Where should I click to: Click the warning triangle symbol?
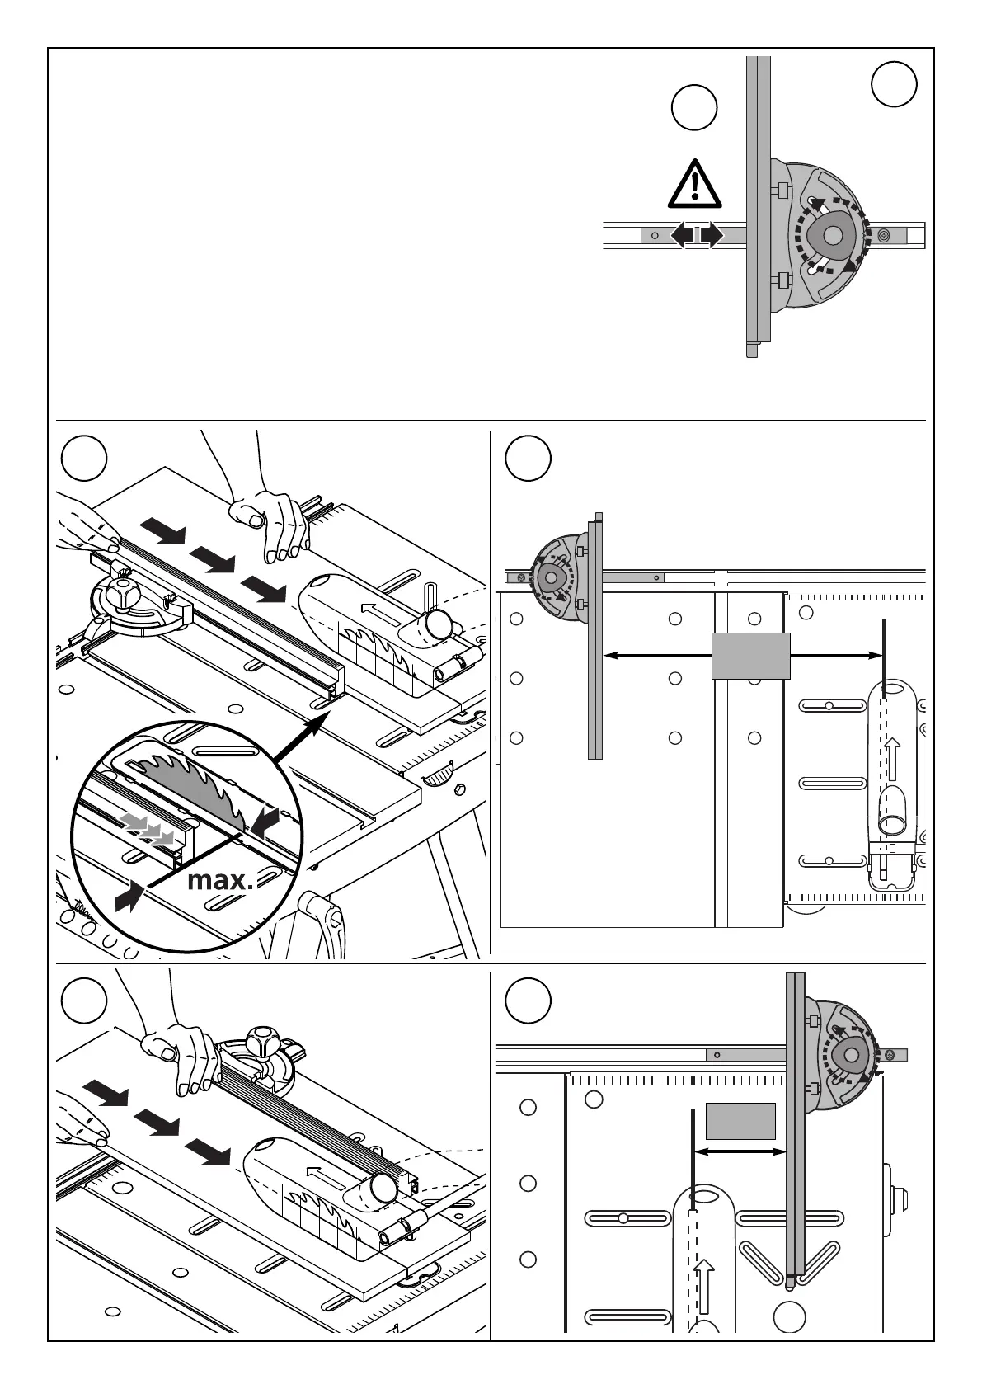pos(696,185)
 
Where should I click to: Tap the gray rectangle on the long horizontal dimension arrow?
pos(750,656)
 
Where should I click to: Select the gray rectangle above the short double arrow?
pos(740,1120)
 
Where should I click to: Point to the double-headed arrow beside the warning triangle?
pos(697,235)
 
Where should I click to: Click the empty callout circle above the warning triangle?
pos(693,108)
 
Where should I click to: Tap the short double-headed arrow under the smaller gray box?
pos(740,1152)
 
